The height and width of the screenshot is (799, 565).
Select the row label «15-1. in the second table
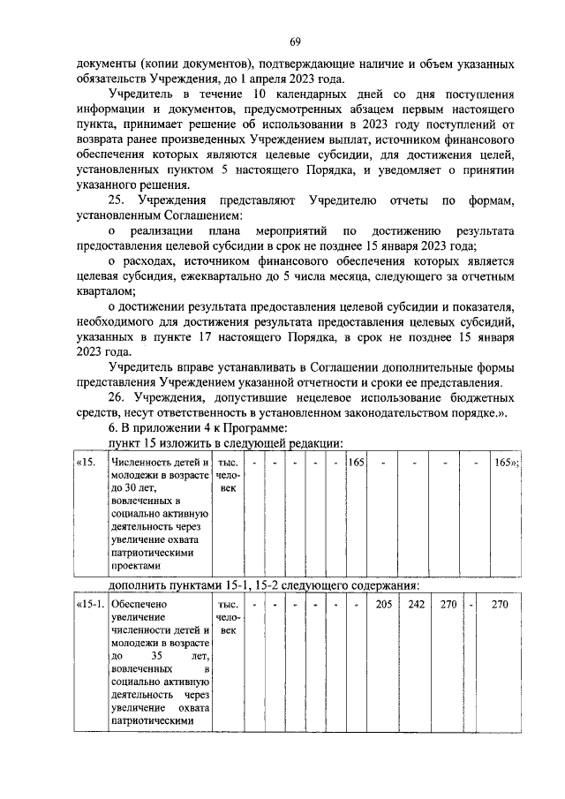(x=89, y=605)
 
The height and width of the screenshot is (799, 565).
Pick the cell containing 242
(x=416, y=605)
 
